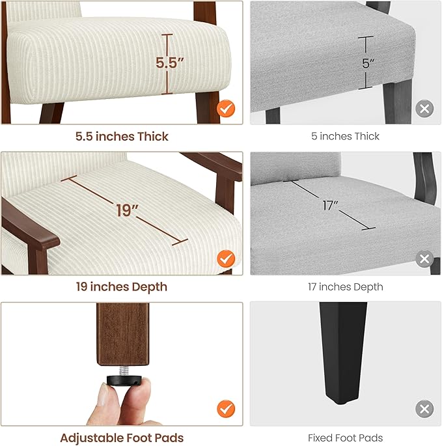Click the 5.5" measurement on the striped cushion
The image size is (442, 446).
170,63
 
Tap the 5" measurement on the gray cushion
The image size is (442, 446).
368,63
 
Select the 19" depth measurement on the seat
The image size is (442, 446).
127,210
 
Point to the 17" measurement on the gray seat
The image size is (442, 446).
330,205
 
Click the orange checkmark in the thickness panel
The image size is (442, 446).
226,108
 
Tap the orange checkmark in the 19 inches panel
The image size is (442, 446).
226,258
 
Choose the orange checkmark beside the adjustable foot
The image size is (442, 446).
226,409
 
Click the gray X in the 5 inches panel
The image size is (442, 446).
424,108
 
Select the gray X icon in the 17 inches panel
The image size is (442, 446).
424,258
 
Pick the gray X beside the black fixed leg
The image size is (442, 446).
424,409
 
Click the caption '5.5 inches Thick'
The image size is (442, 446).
122,137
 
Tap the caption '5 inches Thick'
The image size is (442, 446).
345,136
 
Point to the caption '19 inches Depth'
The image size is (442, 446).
122,286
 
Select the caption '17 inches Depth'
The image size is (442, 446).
345,286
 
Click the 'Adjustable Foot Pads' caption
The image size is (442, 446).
122,438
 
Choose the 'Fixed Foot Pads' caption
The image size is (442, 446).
345,438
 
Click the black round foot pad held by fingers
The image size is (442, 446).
124,380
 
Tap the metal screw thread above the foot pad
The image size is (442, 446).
124,370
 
